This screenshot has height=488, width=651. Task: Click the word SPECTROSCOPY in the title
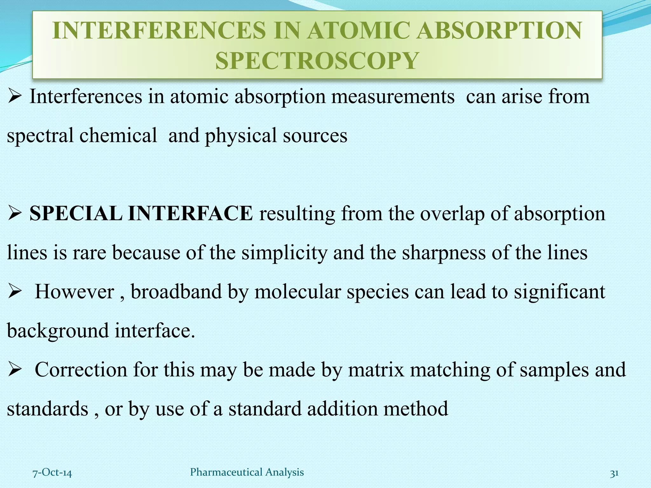317,60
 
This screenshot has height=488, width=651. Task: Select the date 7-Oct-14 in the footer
52,473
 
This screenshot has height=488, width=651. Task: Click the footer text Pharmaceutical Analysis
247,472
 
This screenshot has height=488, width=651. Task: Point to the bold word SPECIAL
76,213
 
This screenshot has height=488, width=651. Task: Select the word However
74,291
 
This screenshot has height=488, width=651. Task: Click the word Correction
81,369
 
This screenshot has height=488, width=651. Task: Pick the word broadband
176,291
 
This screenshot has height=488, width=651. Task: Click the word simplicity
284,253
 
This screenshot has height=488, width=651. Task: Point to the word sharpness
444,253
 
